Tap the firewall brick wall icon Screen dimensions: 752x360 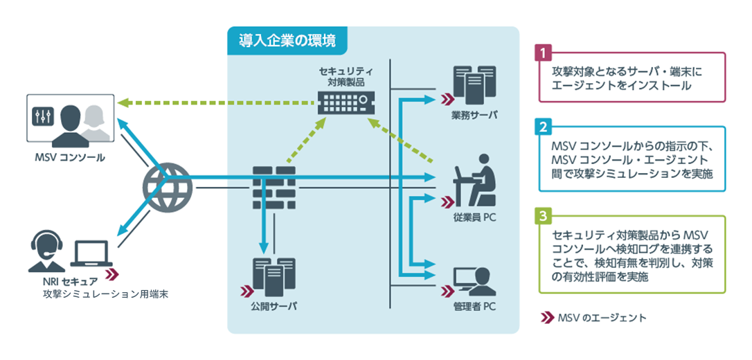pyautogui.click(x=274, y=188)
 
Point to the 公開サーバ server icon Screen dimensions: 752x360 pyautogui.click(x=274, y=279)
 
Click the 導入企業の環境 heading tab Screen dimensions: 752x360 pyautogui.click(x=287, y=38)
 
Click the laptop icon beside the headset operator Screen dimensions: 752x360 pyautogui.click(x=91, y=253)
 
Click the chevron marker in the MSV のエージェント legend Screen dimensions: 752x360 pyautogui.click(x=547, y=317)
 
